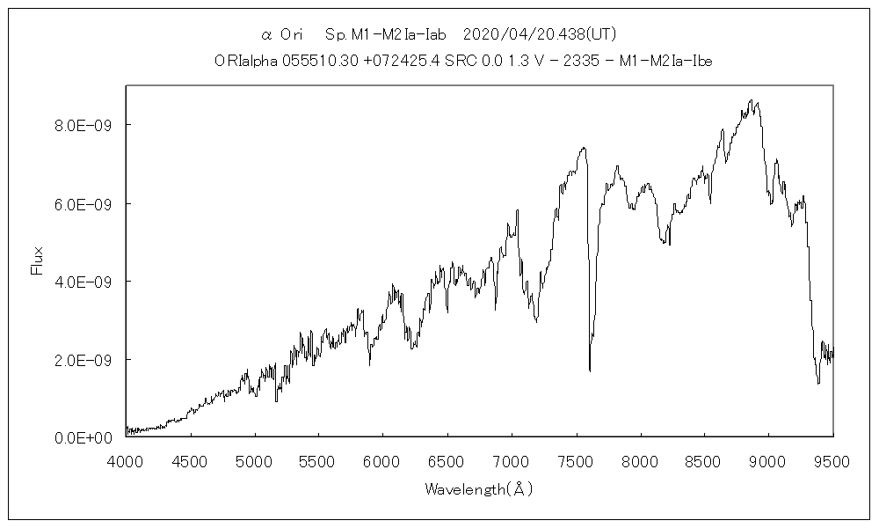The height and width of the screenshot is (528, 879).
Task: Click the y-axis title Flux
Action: pos(37,261)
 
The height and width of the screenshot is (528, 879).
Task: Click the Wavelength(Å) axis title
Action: pos(479,488)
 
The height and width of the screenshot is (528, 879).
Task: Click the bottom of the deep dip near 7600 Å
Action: pos(589,370)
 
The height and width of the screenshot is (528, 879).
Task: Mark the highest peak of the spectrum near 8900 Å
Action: pos(751,100)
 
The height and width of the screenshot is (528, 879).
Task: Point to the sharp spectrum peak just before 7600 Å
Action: pos(583,148)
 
